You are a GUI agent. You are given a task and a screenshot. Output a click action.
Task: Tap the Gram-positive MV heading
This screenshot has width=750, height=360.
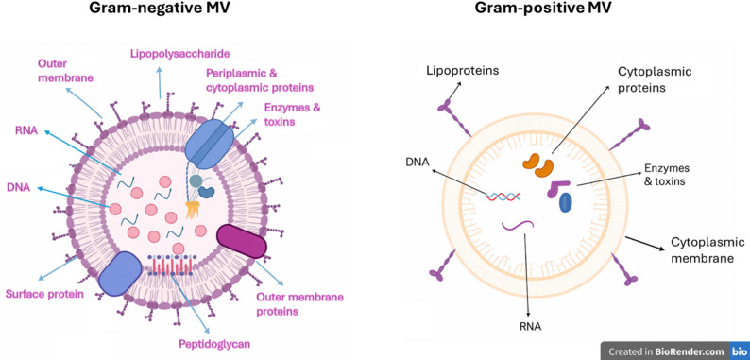[x=543, y=9]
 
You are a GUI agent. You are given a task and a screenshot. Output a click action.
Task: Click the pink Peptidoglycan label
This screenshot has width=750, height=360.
[x=214, y=344]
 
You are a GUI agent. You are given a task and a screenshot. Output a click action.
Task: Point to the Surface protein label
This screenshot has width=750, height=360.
[x=44, y=294]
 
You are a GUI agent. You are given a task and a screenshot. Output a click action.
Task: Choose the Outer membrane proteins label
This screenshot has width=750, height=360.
[x=299, y=304]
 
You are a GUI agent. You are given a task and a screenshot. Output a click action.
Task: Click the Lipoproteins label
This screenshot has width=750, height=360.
[x=463, y=71]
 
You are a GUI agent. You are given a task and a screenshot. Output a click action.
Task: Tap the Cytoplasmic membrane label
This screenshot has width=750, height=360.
[x=702, y=249]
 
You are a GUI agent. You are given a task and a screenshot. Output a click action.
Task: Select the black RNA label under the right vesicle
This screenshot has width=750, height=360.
[x=530, y=327]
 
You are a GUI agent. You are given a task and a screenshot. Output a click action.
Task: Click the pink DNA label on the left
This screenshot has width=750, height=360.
[x=18, y=188]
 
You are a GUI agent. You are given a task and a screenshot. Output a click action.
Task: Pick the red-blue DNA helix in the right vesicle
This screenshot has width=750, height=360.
[x=503, y=196]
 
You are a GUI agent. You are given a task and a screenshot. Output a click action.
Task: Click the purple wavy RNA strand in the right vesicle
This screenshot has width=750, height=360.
[x=518, y=225]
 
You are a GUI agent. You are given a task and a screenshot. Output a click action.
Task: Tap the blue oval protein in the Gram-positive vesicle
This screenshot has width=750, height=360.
[x=566, y=202]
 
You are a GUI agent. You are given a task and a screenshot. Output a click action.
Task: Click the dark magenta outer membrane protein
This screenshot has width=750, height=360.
[x=241, y=241]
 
